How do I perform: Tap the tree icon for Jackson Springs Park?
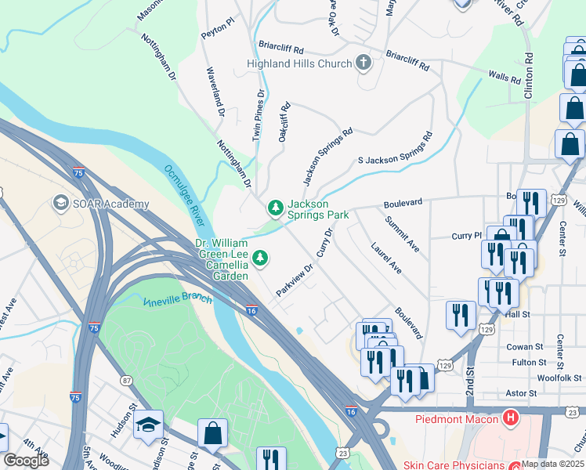(x=275, y=208)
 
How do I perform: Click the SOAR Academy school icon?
(x=60, y=204)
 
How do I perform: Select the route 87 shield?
(x=125, y=381)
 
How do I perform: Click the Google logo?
(x=26, y=460)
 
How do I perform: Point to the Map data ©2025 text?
(x=552, y=463)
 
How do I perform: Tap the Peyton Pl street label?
(x=217, y=26)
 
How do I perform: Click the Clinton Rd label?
(x=529, y=74)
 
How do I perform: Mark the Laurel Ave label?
(x=386, y=257)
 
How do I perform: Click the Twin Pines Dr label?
(x=258, y=114)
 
